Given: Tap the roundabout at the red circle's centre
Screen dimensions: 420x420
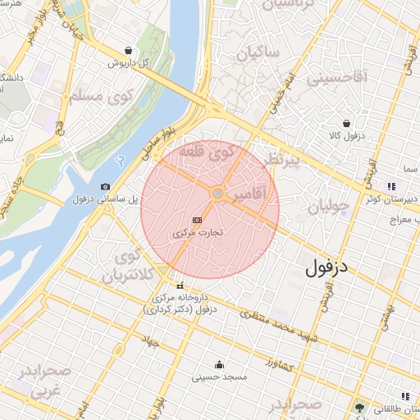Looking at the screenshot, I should tap(218, 194).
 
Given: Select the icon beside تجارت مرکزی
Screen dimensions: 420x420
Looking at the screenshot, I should tap(197, 221).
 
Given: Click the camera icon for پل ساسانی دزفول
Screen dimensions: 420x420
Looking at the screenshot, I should tap(105, 187).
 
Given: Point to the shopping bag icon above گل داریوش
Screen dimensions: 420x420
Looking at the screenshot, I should tap(127, 50).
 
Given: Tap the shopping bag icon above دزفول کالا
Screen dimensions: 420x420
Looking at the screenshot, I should tap(347, 123).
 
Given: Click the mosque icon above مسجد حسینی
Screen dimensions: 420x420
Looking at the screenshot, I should tap(219, 365).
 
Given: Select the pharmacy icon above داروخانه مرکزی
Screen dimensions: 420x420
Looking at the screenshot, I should tap(180, 285).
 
